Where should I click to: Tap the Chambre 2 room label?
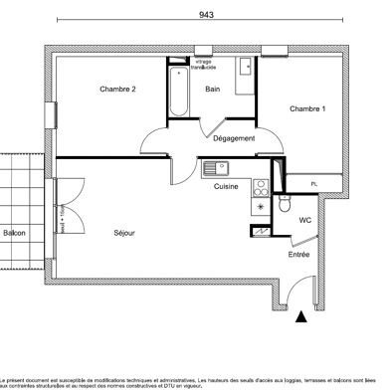tap(117, 91)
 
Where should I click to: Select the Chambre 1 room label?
tap(306, 107)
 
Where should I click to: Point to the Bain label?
tap(213, 91)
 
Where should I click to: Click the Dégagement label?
tap(234, 138)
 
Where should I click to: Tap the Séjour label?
tap(123, 233)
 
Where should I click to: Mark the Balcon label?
tap(15, 233)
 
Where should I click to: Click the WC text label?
tap(305, 220)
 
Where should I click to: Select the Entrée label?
tap(297, 255)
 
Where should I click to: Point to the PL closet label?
tap(313, 184)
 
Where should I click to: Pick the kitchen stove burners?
tap(261, 185)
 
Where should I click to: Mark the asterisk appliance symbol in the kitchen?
tap(261, 207)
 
